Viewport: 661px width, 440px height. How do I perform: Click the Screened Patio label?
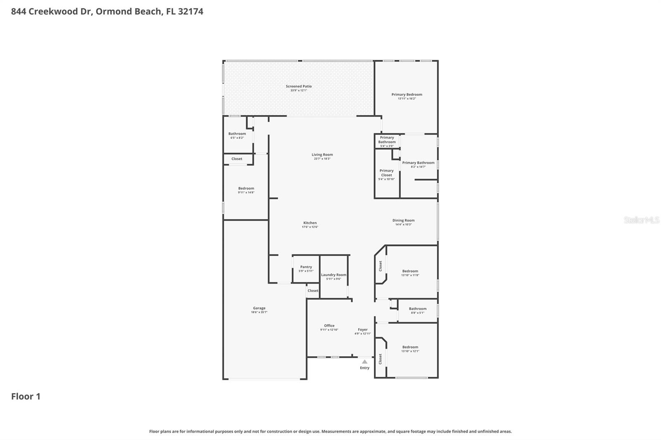299,87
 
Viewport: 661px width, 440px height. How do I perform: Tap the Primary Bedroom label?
407,95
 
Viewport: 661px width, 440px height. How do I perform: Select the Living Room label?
322,155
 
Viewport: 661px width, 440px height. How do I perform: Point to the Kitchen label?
310,223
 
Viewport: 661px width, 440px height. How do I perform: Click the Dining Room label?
403,220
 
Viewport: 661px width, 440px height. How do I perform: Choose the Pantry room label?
306,267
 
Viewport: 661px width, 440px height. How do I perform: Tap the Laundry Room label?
333,275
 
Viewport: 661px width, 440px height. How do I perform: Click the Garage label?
259,308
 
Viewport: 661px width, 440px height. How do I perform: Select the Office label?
329,326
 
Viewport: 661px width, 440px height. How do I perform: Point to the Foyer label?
362,330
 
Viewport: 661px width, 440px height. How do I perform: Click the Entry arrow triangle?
364,362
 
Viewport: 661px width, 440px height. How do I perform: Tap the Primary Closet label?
386,173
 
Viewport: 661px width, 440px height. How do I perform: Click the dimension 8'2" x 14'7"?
418,167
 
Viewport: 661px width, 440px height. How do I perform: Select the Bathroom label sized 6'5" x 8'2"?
237,134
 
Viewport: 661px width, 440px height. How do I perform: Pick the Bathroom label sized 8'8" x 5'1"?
417,309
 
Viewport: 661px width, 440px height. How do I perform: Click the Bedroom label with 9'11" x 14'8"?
246,189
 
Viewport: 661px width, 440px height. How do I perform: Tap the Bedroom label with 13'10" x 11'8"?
410,271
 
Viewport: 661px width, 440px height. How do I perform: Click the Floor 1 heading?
26,397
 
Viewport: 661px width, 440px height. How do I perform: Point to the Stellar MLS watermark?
641,220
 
